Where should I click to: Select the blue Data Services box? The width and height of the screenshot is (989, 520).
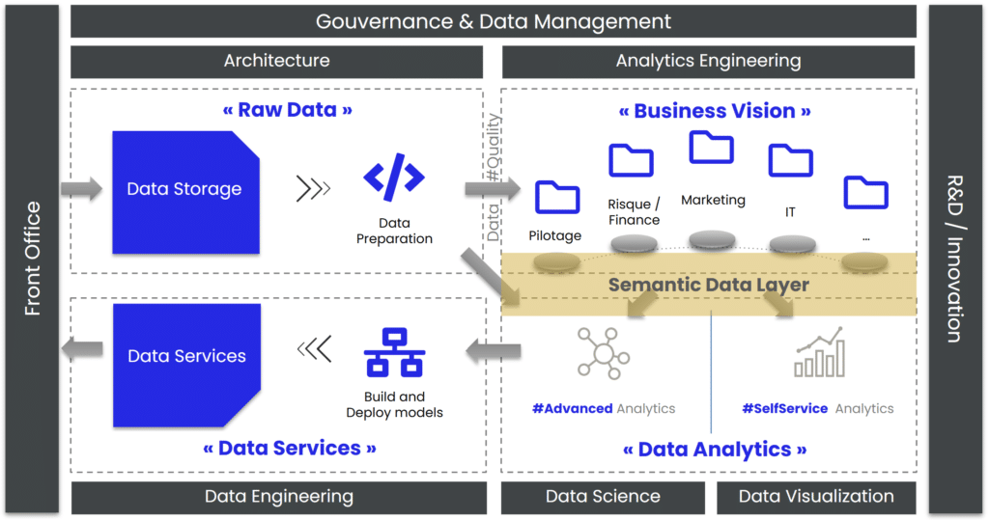point(186,356)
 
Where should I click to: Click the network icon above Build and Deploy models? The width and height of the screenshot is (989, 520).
point(394,353)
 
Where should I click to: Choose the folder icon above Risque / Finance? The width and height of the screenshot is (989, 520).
point(632,160)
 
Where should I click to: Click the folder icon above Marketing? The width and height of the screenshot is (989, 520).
point(711,147)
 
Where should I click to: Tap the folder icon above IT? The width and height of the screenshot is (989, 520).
point(790,160)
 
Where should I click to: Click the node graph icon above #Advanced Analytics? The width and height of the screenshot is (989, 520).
point(603,351)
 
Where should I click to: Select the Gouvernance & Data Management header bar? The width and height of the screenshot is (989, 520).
point(494,21)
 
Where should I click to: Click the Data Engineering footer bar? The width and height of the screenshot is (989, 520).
point(278,497)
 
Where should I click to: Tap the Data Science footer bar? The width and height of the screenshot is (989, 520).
point(603,497)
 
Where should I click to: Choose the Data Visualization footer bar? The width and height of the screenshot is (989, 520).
point(816,497)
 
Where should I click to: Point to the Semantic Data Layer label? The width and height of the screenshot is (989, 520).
point(708,285)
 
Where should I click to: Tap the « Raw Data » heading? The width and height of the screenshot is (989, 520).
point(287,110)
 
